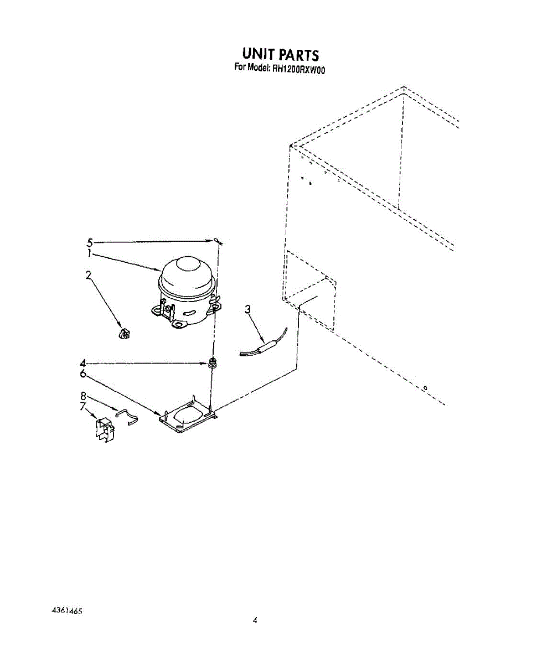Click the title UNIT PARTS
[280, 54]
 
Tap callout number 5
[90, 242]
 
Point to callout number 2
[88, 275]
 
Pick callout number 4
[82, 364]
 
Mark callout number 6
[82, 374]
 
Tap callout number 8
[84, 396]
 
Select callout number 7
[82, 407]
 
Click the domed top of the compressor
[187, 271]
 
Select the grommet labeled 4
[211, 364]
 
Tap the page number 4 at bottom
[255, 620]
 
